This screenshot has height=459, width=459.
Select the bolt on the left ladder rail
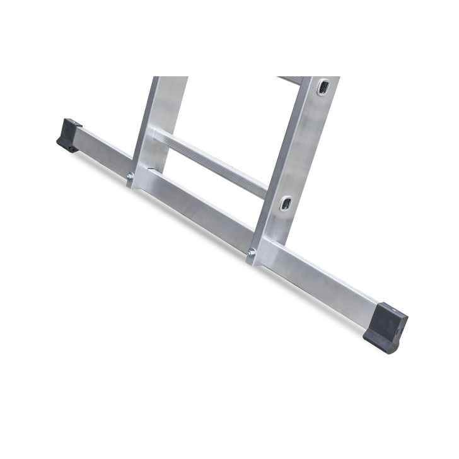point(130,177)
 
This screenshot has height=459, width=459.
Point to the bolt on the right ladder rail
point(252,253)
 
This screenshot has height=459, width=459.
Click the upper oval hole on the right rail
point(323,88)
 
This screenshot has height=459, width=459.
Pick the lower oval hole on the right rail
point(286,203)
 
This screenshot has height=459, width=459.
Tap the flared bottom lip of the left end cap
point(66,149)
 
